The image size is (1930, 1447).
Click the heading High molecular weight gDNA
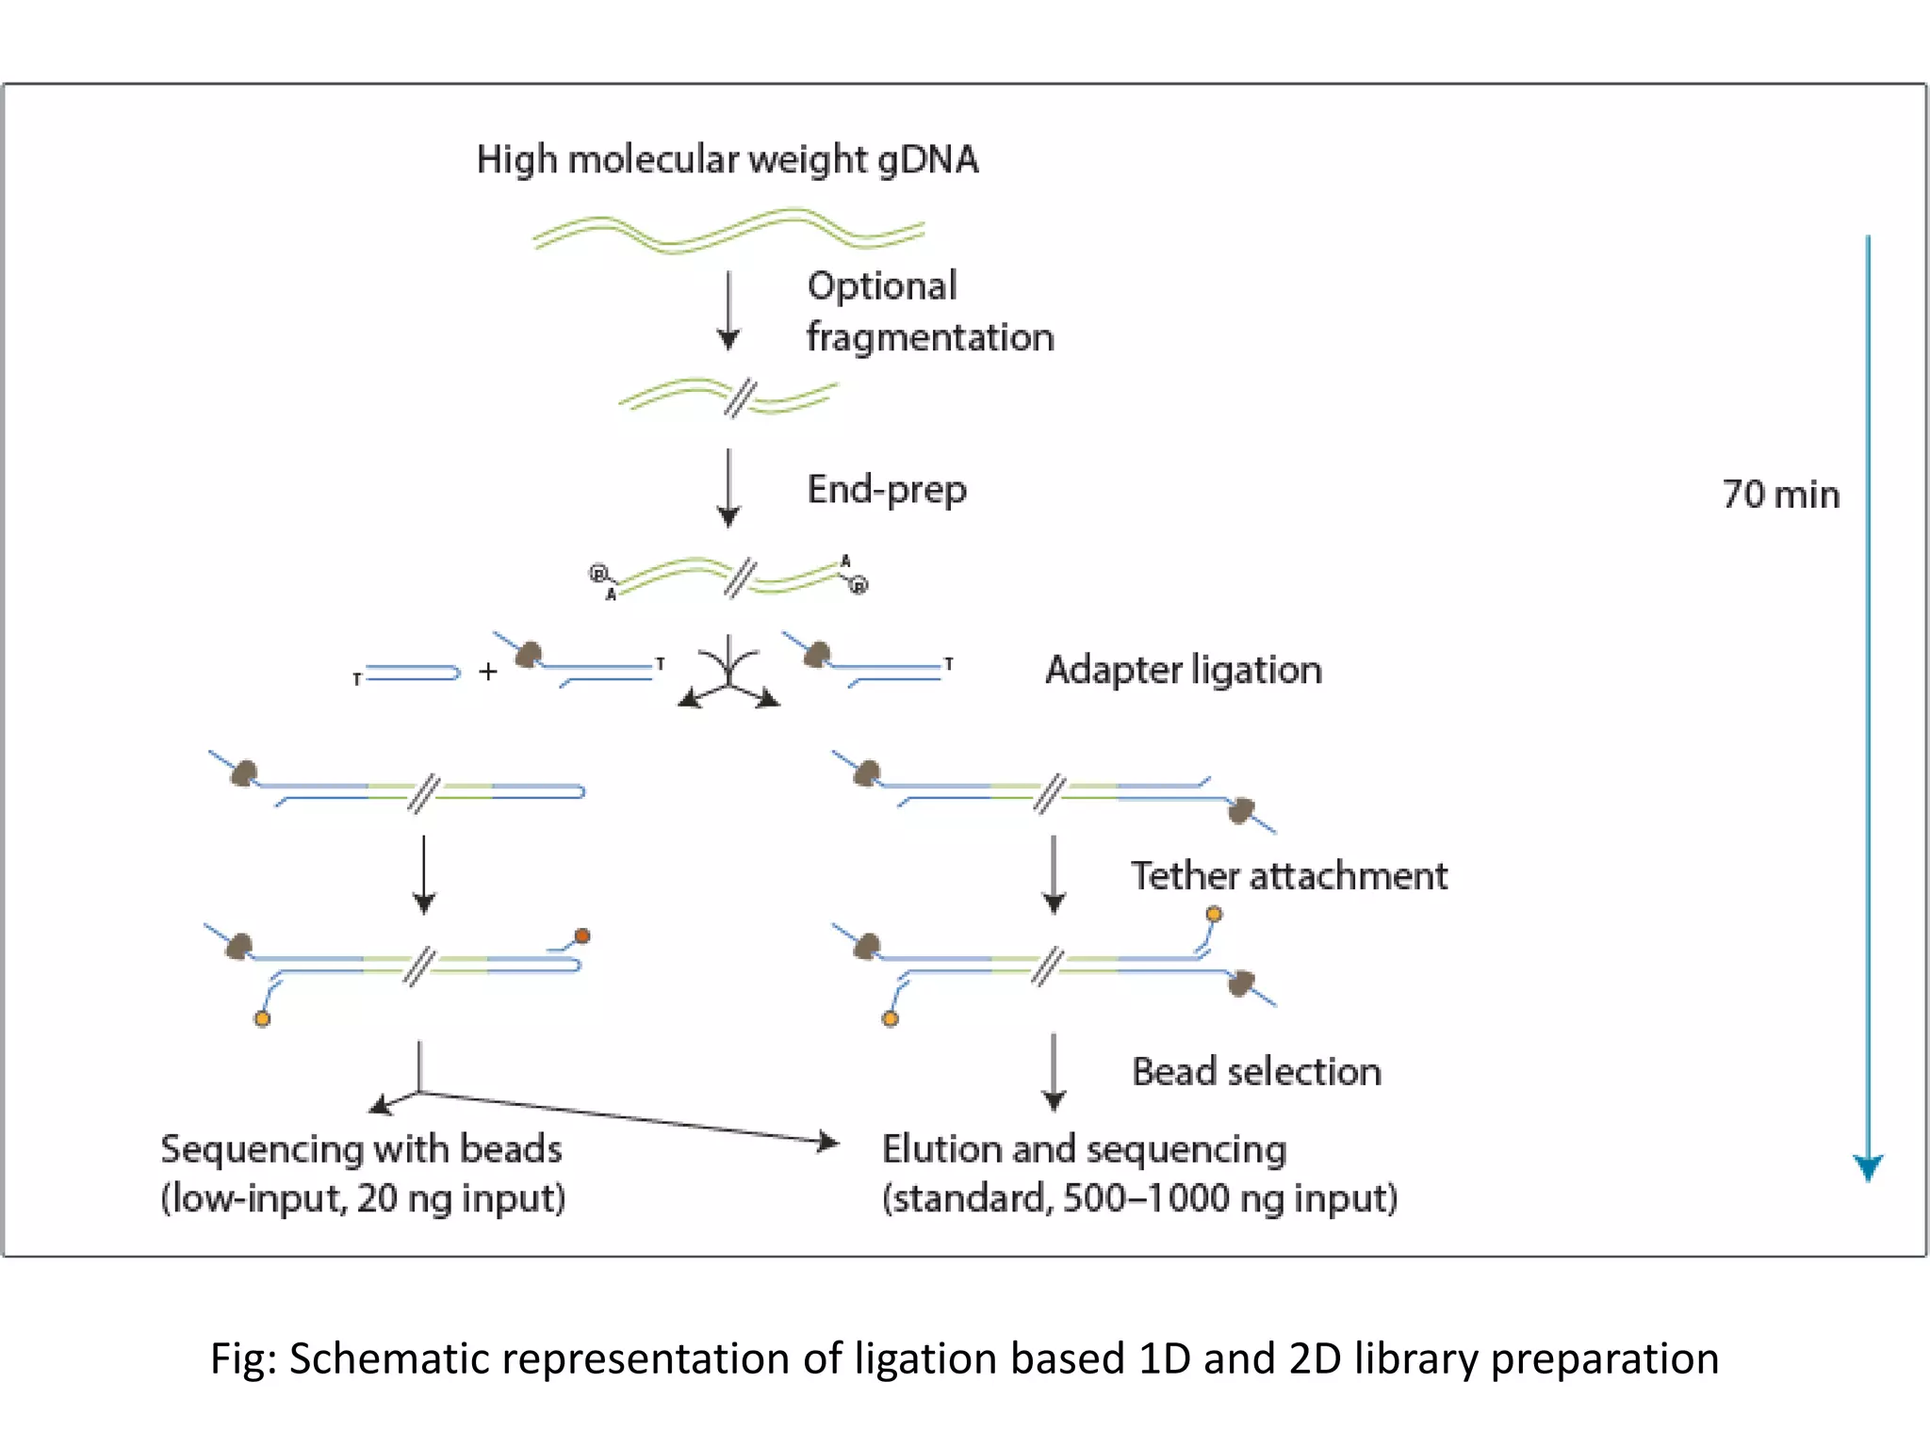[727, 159]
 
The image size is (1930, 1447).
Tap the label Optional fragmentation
[928, 312]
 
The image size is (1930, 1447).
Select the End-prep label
[887, 490]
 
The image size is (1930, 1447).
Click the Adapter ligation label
[1184, 671]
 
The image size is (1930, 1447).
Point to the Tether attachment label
[1288, 876]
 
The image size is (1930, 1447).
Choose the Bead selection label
[1256, 1072]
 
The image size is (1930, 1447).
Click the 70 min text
[1780, 495]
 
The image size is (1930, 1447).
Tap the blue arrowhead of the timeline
[1867, 1167]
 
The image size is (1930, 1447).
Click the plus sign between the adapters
[487, 672]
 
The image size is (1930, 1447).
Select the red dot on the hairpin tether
[582, 935]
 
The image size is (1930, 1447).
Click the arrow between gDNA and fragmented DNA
[728, 311]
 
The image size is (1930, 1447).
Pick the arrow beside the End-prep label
[728, 488]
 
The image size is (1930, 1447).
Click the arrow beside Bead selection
[1054, 1072]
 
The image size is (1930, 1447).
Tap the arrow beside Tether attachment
[1054, 874]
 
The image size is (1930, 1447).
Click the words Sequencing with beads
[361, 1149]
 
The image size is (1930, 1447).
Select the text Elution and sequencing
[1084, 1149]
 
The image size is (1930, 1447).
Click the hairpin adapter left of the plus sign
[411, 673]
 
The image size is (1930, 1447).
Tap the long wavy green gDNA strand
[728, 232]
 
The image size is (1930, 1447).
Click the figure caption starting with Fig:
[964, 1358]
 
